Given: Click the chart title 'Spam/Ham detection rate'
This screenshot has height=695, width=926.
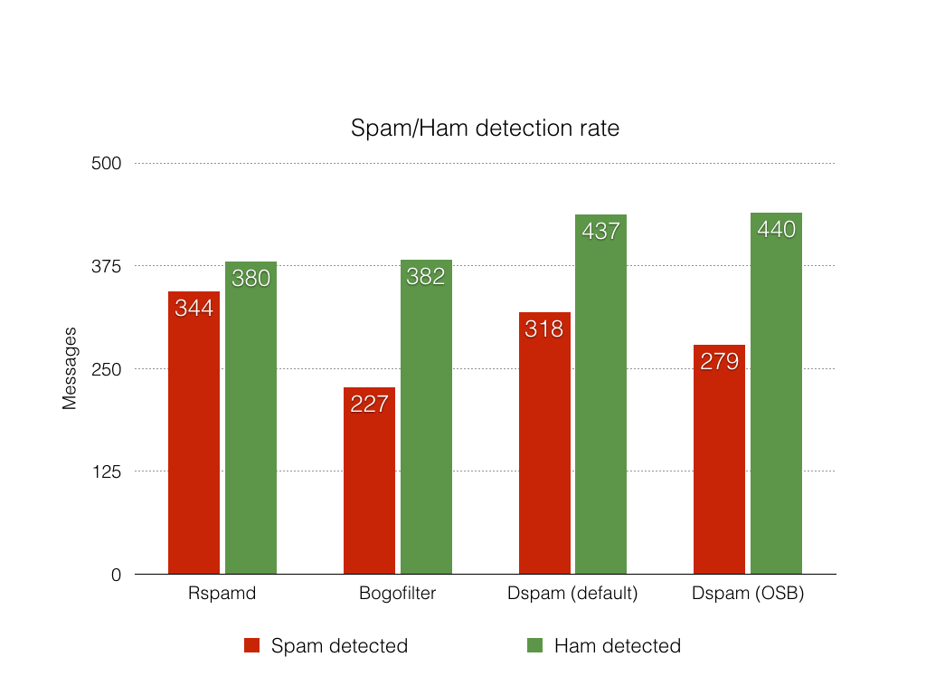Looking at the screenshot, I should [x=485, y=129].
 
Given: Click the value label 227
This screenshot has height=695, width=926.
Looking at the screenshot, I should [x=369, y=404].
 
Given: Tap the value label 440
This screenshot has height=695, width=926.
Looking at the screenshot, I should [x=777, y=230].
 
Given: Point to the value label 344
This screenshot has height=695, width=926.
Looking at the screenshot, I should [x=194, y=309].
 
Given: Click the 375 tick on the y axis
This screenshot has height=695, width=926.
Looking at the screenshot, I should [x=109, y=266].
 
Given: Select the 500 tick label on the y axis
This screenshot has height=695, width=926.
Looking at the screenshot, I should [x=109, y=164].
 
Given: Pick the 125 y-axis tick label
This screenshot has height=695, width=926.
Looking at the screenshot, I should [x=109, y=471].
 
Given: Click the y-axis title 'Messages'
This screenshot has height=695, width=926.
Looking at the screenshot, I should [x=70, y=368].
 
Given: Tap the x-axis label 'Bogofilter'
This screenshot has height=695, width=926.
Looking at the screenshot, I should [x=397, y=595].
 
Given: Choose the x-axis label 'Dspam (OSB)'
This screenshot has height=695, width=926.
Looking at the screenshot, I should [x=748, y=595].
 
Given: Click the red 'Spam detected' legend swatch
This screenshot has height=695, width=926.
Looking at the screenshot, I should [x=252, y=645].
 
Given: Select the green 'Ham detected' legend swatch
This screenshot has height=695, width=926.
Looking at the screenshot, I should [x=534, y=645].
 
